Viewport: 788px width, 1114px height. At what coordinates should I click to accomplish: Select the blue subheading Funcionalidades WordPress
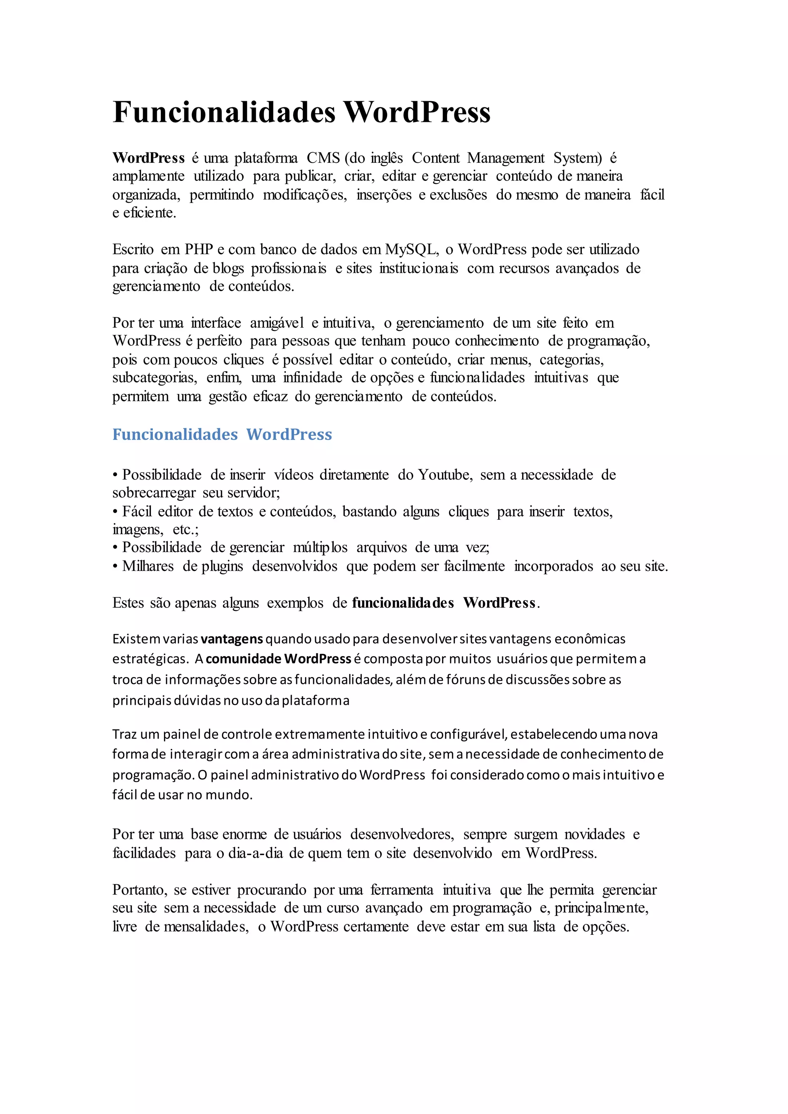222,434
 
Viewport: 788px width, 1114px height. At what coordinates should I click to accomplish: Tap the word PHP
199,249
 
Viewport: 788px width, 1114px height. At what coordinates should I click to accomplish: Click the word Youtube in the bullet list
444,475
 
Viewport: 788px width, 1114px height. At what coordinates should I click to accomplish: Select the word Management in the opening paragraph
506,158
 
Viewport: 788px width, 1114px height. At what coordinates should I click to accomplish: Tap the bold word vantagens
232,639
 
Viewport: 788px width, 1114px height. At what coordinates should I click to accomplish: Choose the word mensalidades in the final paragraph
206,927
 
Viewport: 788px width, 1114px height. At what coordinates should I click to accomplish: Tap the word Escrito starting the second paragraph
133,249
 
